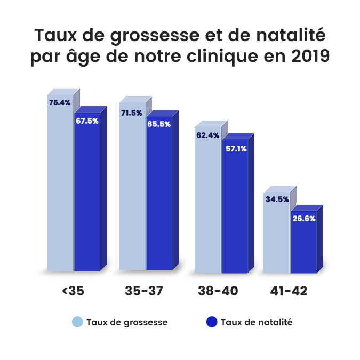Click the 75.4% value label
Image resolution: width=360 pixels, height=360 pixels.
pos(59,102)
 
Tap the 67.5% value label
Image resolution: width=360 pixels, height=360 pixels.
pos(87,121)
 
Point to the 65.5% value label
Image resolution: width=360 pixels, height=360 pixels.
pos(159,125)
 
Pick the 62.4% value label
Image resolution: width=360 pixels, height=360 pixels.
pos(207,135)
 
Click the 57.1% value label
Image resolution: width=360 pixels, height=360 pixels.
pos(236,149)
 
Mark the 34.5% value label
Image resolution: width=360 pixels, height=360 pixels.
pos(277,199)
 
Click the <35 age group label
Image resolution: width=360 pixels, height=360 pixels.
pos(74,291)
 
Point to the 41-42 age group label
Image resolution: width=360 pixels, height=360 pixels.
pos(290,291)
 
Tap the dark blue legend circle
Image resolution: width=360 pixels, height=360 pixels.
pos(212,322)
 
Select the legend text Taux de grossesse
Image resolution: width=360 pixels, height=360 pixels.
pos(126,322)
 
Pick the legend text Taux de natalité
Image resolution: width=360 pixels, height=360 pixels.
pos(257,322)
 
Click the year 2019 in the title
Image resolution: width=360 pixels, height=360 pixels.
pos(306,57)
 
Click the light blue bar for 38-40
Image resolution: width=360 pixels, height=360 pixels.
pos(208,208)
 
